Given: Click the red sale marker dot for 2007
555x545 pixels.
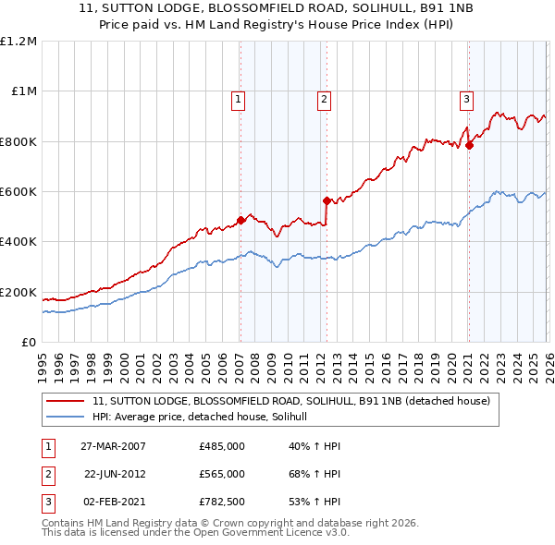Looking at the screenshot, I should coord(240,220).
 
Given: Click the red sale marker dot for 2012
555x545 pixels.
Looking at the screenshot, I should coord(326,200).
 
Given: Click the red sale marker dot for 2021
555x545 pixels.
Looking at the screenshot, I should coord(469,145).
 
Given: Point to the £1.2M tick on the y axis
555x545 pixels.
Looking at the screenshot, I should coord(18,42).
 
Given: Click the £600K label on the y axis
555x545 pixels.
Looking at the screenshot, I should coord(18,192).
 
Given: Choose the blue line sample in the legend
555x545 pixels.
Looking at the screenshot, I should coord(67,418).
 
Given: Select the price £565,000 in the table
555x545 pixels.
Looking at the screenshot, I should coord(222,474).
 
